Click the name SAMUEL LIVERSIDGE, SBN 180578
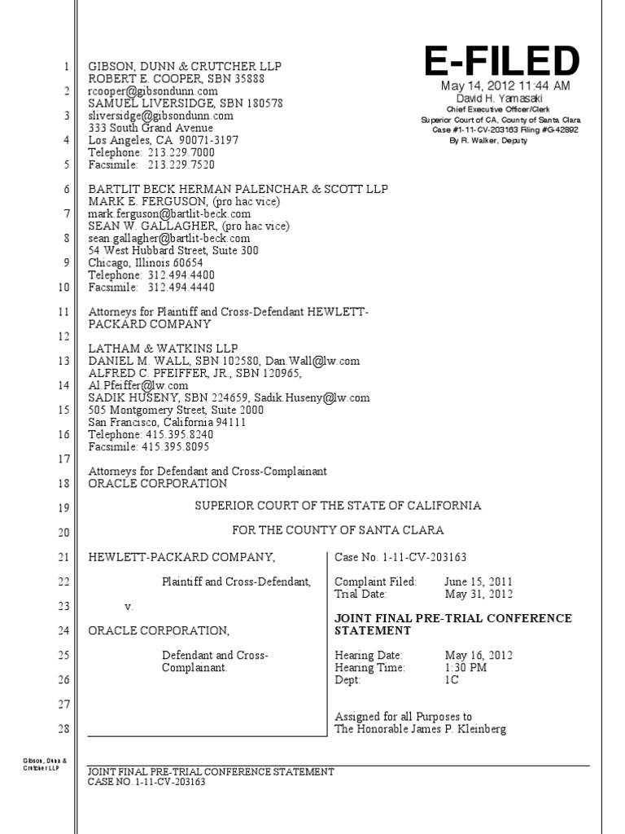tap(186, 103)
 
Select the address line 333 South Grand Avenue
tap(151, 128)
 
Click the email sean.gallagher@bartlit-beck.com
tap(169, 239)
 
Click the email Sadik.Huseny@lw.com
tap(324, 398)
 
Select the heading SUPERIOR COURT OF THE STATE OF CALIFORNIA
tap(337, 506)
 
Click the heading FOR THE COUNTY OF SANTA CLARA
tap(338, 530)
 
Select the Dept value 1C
tap(452, 680)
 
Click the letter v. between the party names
tap(128, 607)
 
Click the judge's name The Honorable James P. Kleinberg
tap(420, 729)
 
